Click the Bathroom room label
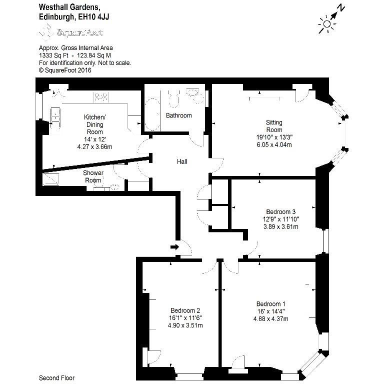click(179, 115)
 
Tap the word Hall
click(182, 161)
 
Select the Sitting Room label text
click(274, 126)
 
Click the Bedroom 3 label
click(281, 211)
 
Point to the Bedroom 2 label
click(185, 310)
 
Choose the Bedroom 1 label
click(271, 304)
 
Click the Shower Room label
click(93, 176)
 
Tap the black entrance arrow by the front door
click(175, 247)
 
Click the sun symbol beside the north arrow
click(326, 24)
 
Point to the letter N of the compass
click(341, 8)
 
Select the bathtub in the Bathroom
click(152, 114)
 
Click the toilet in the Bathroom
click(174, 99)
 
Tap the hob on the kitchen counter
click(100, 97)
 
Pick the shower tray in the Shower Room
click(51, 179)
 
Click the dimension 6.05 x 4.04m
click(274, 144)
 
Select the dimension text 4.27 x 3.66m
click(95, 147)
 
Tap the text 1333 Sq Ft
click(53, 55)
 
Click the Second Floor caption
click(57, 378)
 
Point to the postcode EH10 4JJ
click(93, 17)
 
